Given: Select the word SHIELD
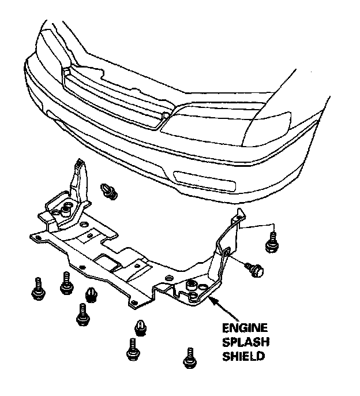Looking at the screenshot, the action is pyautogui.click(x=243, y=356).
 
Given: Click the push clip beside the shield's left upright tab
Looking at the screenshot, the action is pyautogui.click(x=108, y=190).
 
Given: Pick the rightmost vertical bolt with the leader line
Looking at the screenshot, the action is pyautogui.click(x=270, y=242).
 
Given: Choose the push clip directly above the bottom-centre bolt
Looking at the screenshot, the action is pyautogui.click(x=140, y=327).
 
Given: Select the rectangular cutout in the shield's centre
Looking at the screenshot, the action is pyautogui.click(x=109, y=261).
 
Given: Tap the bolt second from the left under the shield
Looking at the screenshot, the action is pyautogui.click(x=65, y=283).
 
